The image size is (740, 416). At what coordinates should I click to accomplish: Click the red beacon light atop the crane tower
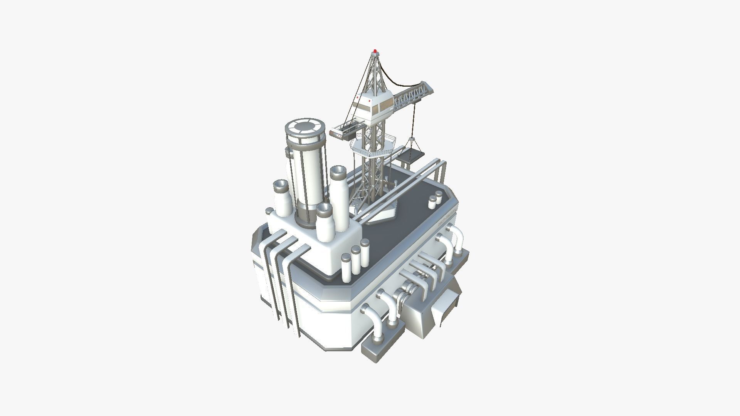coord(375,51)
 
